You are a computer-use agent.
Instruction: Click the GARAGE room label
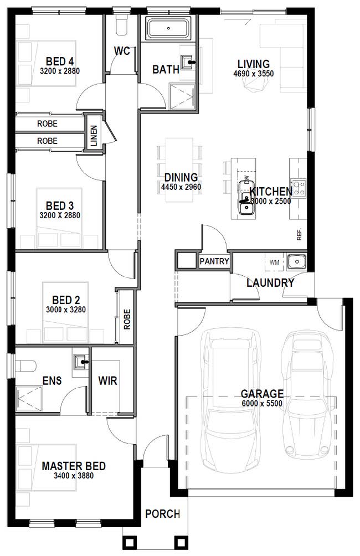tap(261, 394)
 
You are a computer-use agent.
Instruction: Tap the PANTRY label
tap(214, 261)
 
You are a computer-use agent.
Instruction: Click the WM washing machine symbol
tap(274, 261)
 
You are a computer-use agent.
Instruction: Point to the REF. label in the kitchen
tap(299, 234)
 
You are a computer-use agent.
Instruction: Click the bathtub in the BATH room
tap(169, 28)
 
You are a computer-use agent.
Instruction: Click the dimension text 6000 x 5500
tap(261, 403)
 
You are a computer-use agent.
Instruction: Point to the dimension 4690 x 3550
tap(254, 73)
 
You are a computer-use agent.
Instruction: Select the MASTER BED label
tap(74, 466)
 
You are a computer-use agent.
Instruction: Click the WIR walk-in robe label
tap(107, 381)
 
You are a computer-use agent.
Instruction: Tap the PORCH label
tap(162, 514)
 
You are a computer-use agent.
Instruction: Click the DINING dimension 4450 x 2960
tap(181, 187)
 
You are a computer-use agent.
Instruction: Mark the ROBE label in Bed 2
tap(127, 320)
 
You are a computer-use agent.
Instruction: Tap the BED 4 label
tap(60, 61)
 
